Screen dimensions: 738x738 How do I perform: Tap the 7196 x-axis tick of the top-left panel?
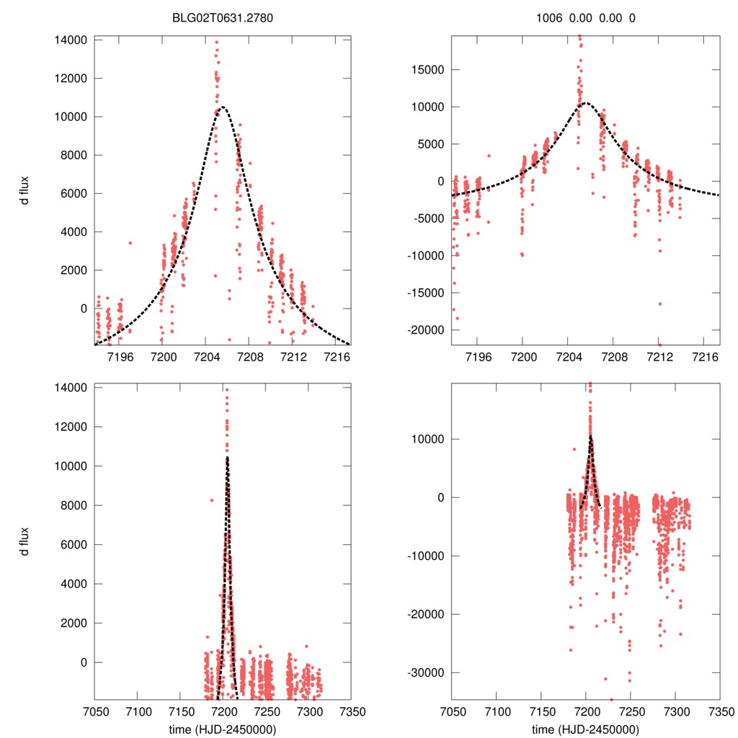(120, 355)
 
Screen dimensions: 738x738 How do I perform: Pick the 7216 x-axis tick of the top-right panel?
(702, 355)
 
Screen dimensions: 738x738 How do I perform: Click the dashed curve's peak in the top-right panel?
(584, 103)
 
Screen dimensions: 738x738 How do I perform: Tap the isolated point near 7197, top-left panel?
(130, 243)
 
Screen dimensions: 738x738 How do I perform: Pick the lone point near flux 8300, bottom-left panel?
(212, 500)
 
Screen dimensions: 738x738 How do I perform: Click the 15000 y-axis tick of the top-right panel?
(426, 70)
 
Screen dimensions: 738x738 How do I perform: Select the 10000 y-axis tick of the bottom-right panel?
(426, 439)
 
